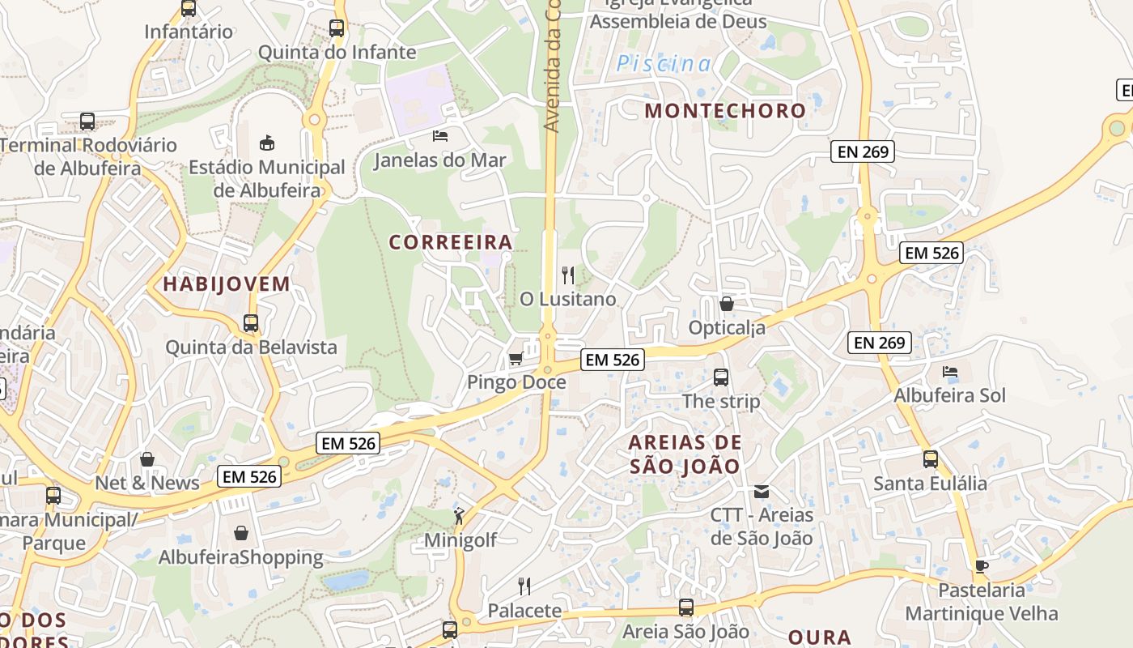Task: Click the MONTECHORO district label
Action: pos(725,111)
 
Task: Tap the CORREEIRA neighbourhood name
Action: pos(451,242)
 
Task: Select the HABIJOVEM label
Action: pos(227,284)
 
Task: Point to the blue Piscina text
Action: pos(664,64)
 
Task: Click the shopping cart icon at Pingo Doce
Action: pos(516,358)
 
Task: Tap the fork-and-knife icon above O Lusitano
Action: pos(568,275)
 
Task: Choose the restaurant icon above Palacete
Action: pos(524,586)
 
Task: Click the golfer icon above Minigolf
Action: pos(459,515)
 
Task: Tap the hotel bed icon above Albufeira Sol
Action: pos(950,372)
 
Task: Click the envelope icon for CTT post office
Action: pos(761,491)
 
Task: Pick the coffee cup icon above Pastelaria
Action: pos(982,565)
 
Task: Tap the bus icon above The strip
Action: pos(721,377)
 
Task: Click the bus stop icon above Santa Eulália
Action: pos(931,459)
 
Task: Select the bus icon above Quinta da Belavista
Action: pos(251,323)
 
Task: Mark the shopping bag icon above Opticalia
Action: pos(727,304)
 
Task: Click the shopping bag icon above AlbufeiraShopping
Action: pos(240,533)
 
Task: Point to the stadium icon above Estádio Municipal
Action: pos(266,143)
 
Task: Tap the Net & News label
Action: pos(147,484)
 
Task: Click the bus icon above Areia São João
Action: pos(686,607)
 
